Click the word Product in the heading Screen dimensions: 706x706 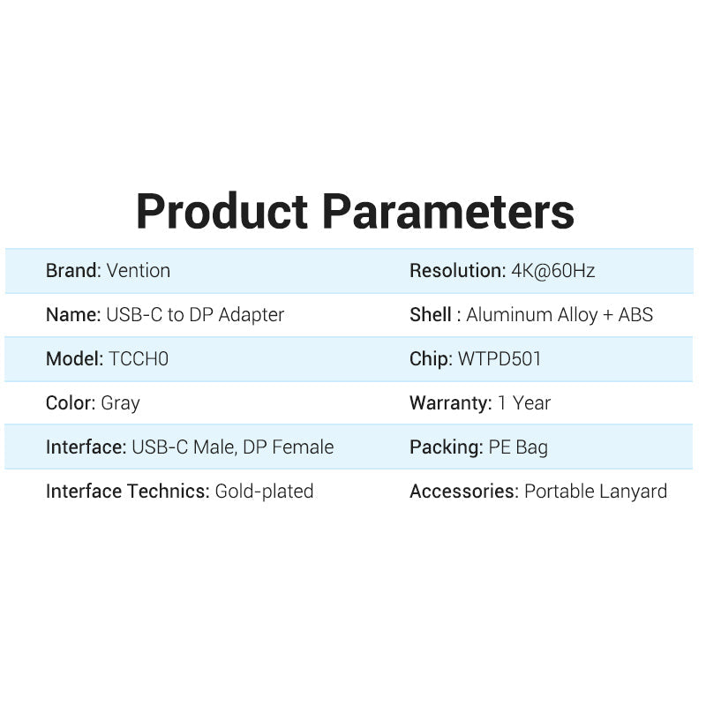(222, 212)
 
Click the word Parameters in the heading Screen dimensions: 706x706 (447, 212)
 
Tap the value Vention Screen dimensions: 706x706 (139, 271)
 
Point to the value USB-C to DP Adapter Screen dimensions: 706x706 (195, 315)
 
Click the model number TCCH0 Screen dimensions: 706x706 (138, 359)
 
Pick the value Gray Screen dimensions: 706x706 (121, 403)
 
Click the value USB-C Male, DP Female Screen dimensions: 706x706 (233, 447)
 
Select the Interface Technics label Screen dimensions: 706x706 (128, 492)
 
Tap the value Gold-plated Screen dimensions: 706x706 (265, 492)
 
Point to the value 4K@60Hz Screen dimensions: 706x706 (553, 271)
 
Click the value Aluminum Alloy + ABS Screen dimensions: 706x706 (560, 315)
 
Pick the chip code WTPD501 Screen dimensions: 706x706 (499, 359)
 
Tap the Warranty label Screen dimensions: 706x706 (450, 403)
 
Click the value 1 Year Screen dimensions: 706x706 (524, 403)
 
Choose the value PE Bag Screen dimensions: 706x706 (518, 447)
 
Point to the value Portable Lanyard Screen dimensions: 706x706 (596, 492)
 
